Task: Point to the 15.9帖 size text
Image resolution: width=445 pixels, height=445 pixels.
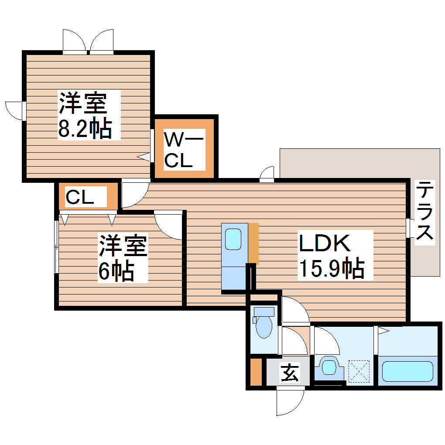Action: point(331,269)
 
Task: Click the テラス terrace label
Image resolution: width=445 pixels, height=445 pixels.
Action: point(424,211)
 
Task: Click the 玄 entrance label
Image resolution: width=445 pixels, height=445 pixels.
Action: point(289,373)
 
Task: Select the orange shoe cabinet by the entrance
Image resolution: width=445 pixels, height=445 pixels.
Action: point(256,372)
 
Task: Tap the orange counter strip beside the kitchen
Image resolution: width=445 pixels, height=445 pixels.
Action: point(253,243)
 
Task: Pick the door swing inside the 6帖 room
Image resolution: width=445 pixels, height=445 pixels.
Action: point(168,224)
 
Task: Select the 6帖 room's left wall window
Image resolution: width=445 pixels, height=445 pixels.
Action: point(56,247)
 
